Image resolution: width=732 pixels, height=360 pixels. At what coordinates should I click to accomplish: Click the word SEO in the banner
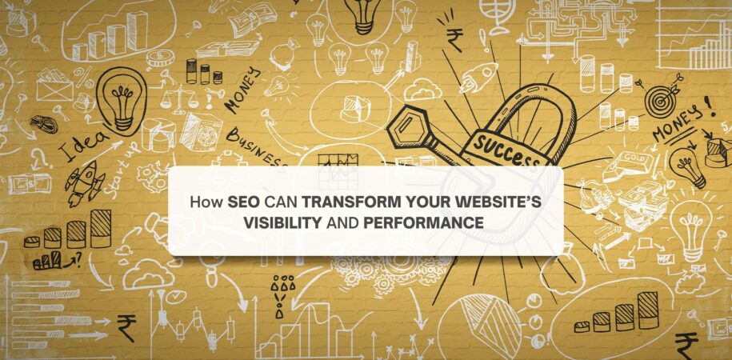click(x=243, y=203)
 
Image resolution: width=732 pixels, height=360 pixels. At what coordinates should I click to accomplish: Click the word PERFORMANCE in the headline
click(x=422, y=222)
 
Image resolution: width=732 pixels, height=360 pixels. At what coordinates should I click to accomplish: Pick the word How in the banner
click(x=206, y=203)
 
